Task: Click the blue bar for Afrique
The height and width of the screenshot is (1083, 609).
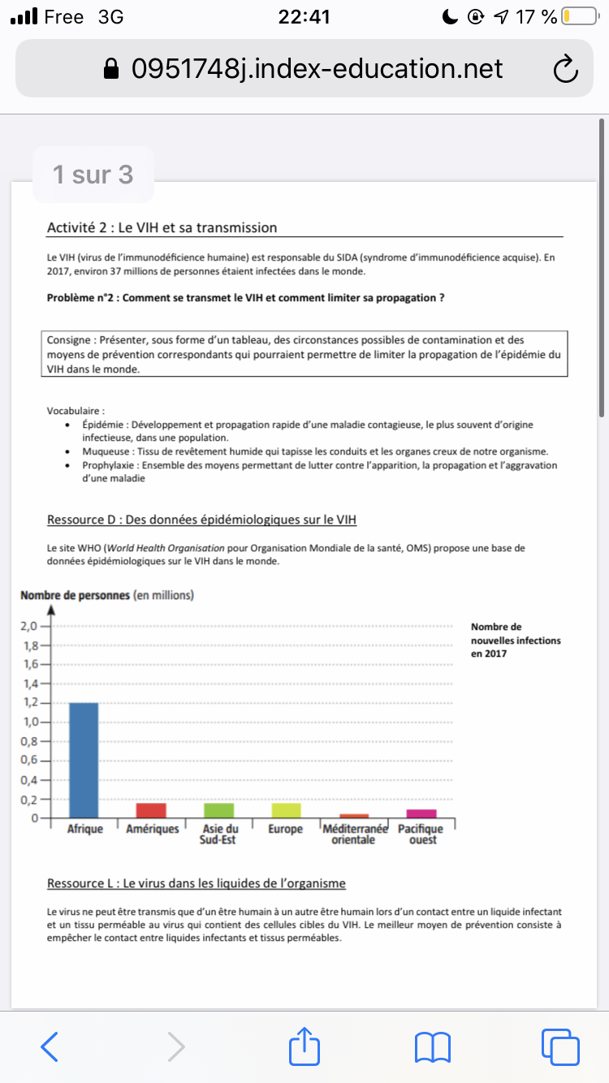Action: pyautogui.click(x=84, y=760)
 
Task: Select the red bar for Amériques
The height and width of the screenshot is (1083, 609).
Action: pyautogui.click(x=151, y=810)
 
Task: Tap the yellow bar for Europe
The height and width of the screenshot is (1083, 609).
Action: pyautogui.click(x=285, y=810)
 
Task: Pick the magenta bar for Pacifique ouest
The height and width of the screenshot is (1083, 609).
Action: pyautogui.click(x=421, y=813)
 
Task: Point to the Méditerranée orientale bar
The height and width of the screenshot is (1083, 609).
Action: pyautogui.click(x=354, y=815)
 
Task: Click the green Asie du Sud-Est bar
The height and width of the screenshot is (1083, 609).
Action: pyautogui.click(x=218, y=810)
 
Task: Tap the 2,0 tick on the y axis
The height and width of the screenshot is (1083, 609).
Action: pyautogui.click(x=29, y=627)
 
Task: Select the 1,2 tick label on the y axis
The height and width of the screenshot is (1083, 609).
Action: pyautogui.click(x=29, y=703)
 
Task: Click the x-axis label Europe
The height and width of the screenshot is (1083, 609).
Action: pyautogui.click(x=285, y=829)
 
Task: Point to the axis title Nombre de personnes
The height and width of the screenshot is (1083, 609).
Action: pyautogui.click(x=75, y=595)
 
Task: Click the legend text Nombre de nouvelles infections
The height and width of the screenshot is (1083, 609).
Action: pyautogui.click(x=515, y=640)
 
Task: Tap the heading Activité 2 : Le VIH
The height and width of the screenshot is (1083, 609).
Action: pyautogui.click(x=162, y=227)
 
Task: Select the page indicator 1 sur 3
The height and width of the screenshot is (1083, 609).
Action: pyautogui.click(x=93, y=175)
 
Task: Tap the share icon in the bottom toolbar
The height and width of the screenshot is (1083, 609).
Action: pyautogui.click(x=305, y=1046)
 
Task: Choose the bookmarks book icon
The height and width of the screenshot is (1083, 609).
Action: pyautogui.click(x=432, y=1046)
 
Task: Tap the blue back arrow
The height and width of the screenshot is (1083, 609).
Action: pyautogui.click(x=50, y=1046)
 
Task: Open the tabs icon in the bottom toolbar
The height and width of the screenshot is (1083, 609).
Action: pyautogui.click(x=559, y=1046)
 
